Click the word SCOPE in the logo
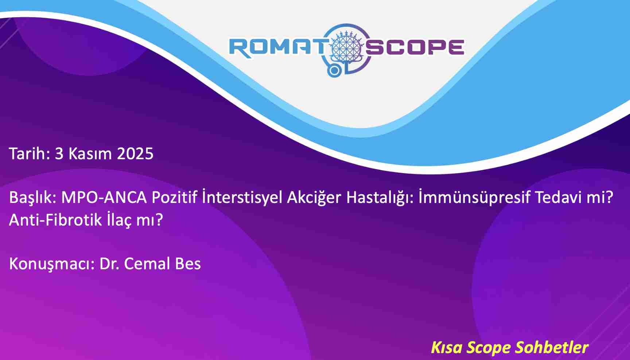tap(415, 47)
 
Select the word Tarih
tap(29, 153)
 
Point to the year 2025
tap(135, 154)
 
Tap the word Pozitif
tap(174, 197)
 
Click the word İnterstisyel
tap(242, 197)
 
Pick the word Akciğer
tap(314, 198)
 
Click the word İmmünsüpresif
tap(474, 197)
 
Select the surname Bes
tap(188, 264)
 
